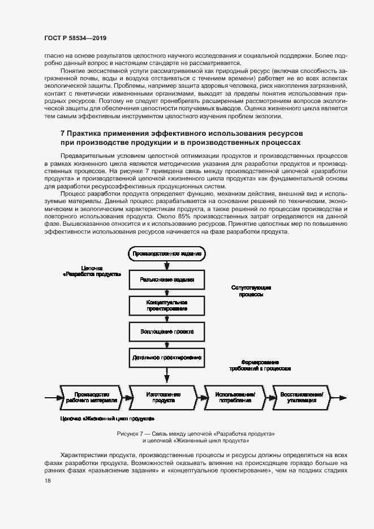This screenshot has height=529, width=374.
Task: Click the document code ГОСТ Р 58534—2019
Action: pos(75,38)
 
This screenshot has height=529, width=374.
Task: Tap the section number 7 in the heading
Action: pos(62,133)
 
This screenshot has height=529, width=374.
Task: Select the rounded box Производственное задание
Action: pos(166,254)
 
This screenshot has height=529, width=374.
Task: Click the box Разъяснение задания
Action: pos(166,279)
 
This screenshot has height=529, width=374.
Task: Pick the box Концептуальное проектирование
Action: pos(166,306)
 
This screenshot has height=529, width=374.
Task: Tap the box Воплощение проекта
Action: pos(166,332)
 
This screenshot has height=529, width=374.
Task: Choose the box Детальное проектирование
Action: pos(166,358)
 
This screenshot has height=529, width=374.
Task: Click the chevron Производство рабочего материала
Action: pos(91,397)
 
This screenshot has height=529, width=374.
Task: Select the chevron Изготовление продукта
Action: pos(164,397)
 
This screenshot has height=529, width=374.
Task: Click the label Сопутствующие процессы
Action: pos(251,291)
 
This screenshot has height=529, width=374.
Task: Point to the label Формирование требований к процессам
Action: pos(260,365)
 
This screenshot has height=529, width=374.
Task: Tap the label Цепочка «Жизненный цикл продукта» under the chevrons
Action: pos(107,419)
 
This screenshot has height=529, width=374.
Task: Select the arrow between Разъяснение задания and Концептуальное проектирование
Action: pos(166,292)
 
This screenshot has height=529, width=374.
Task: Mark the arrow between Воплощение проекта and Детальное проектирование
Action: pos(166,345)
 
